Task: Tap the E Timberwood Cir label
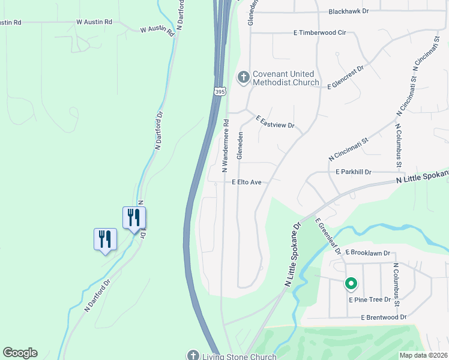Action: [x=321, y=34]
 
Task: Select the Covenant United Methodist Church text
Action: [x=285, y=78]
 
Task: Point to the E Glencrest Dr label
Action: [x=346, y=78]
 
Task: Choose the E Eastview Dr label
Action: [x=275, y=122]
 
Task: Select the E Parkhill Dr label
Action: [x=354, y=172]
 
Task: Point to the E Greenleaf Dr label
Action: [x=328, y=235]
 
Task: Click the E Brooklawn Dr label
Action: [x=368, y=253]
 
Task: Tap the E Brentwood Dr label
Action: [x=384, y=317]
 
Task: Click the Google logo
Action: [x=20, y=353]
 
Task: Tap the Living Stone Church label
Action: [x=239, y=356]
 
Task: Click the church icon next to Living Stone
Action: [x=193, y=355]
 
